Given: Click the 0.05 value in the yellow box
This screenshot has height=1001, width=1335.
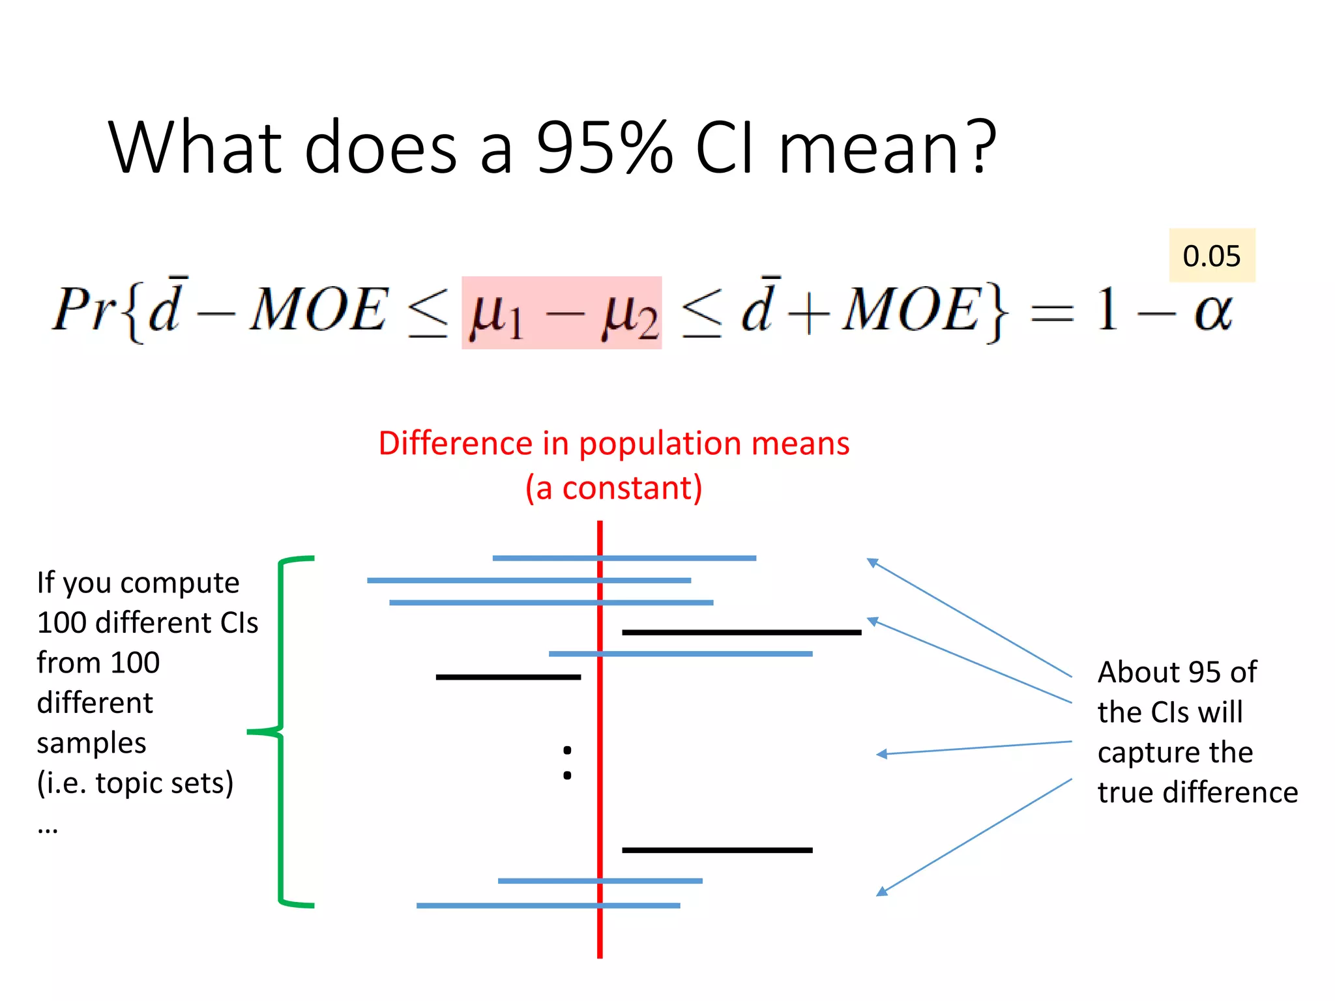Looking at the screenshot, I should pos(1211,256).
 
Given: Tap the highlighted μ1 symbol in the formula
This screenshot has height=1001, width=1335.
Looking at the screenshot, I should pos(496,314).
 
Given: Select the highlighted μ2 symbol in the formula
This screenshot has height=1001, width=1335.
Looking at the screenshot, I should pos(630,314).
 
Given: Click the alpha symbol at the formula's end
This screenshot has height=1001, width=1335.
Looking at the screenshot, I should pos(1213,312).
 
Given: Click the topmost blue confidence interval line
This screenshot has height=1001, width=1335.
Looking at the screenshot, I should pos(624,559).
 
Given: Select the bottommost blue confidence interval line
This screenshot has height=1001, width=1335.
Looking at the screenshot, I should pos(548,905).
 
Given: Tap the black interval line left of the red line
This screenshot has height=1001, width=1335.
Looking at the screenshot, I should pos(508,677).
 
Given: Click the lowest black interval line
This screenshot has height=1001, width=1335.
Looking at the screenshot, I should pos(717,850).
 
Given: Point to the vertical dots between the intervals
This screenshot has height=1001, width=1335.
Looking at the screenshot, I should pos(567,762).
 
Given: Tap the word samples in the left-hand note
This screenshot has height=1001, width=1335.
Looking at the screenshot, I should pos(91,743).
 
